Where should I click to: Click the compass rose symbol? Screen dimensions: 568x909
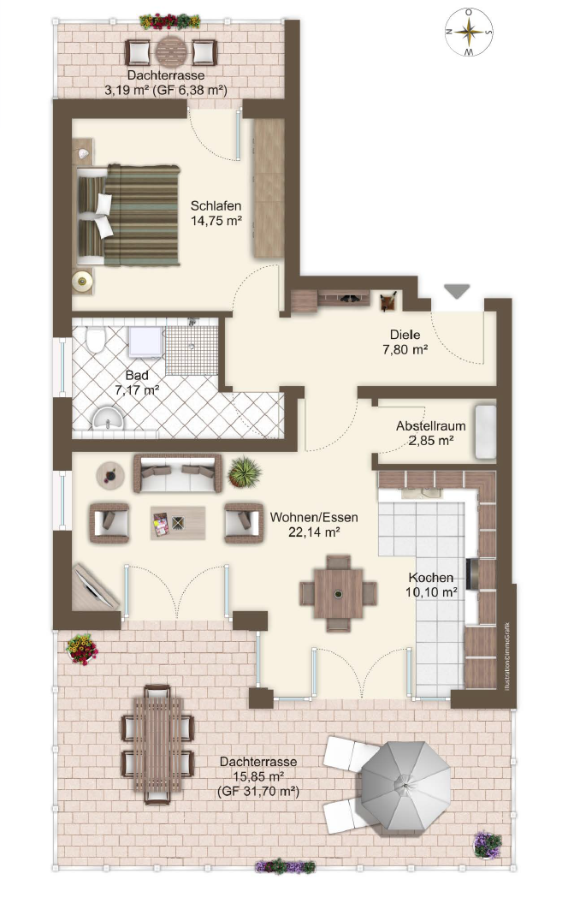coord(469,33)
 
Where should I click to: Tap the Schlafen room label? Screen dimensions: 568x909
coord(216,205)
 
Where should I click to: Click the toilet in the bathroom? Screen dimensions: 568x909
coord(94,339)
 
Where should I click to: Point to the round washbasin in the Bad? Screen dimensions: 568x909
coord(109,418)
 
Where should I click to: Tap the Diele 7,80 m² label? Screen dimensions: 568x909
coord(405,342)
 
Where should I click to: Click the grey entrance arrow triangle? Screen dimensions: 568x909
coord(457,292)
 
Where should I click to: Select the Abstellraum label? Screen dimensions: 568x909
coord(430,425)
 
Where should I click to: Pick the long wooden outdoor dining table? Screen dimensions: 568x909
coord(157,745)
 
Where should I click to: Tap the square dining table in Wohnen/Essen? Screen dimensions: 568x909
coord(338,593)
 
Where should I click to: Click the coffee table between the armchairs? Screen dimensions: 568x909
coord(178,523)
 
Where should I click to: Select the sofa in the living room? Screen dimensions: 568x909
coord(178,474)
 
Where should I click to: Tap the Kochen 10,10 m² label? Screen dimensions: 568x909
coord(432,585)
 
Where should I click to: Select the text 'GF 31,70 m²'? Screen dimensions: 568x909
coord(258,792)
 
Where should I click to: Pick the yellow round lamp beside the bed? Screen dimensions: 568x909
coord(83,282)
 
